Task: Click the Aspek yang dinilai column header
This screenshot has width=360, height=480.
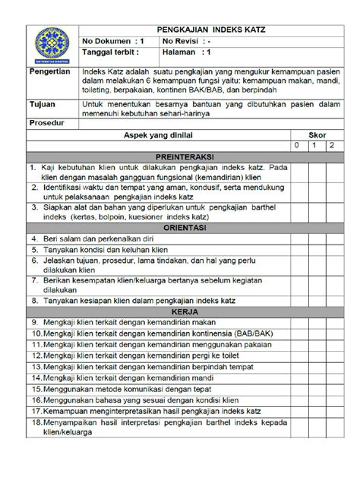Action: [x=163, y=133]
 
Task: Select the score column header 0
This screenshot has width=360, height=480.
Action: [x=298, y=144]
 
